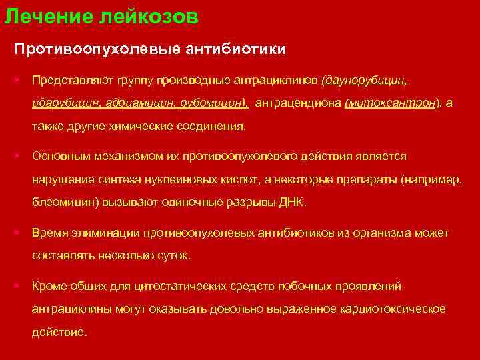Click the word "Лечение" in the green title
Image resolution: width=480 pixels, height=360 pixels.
[39, 17]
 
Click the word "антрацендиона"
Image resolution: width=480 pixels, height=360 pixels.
[298, 103]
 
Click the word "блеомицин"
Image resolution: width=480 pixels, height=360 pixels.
[65, 202]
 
